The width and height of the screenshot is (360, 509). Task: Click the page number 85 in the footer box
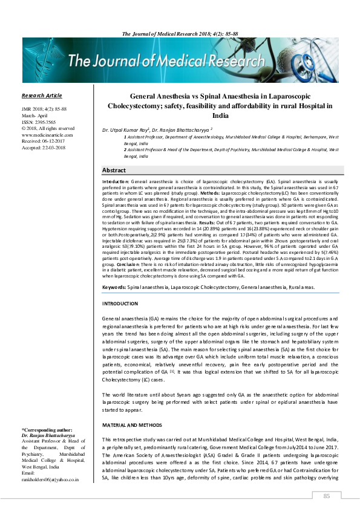pyautogui.click(x=327, y=496)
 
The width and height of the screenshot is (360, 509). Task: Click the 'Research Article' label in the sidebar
pyautogui.click(x=42, y=96)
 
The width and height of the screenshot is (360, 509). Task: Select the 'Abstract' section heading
pyautogui.click(x=114, y=170)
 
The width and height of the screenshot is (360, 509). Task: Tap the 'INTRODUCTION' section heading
pyautogui.click(x=120, y=303)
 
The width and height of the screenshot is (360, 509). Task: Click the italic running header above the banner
pyautogui.click(x=180, y=33)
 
